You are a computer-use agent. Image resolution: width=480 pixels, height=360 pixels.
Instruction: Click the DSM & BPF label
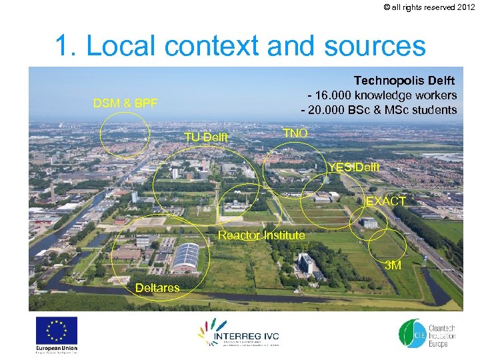tap(125, 103)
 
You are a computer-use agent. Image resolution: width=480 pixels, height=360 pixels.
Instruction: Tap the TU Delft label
tap(206, 137)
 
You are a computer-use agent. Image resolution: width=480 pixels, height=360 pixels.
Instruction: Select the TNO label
tap(295, 133)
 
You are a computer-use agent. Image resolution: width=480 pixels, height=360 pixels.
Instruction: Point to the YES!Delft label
tap(354, 167)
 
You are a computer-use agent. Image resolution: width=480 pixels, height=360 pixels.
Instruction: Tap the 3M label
tap(393, 265)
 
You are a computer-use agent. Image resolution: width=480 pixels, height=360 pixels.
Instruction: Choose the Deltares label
tap(157, 288)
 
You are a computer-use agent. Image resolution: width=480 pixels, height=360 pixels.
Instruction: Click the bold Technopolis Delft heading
tap(405, 81)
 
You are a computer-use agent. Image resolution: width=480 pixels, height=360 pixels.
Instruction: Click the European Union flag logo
tap(57, 331)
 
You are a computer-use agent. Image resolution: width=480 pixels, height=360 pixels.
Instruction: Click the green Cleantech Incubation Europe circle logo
tap(409, 333)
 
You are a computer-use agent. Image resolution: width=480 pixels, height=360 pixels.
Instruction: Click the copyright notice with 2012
tap(430, 7)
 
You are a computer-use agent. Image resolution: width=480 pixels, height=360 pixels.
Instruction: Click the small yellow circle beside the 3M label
tap(386, 247)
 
